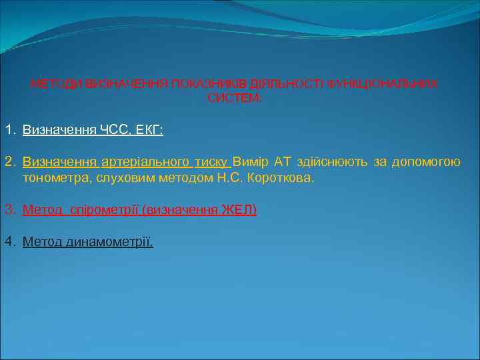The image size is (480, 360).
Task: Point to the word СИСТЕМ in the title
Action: point(233,98)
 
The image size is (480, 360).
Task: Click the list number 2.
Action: point(9,161)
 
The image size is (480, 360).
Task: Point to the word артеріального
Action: point(145,161)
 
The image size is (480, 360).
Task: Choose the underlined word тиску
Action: point(211,161)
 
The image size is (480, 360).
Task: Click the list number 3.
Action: point(9,210)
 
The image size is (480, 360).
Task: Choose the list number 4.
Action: point(9,241)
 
